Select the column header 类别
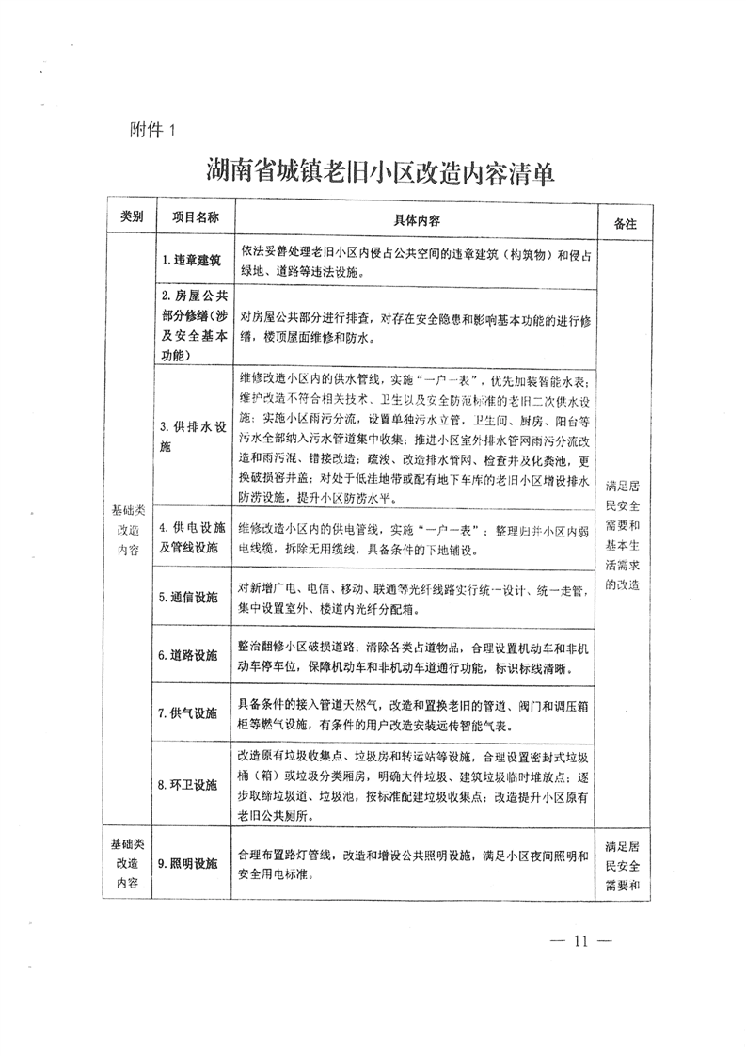click(132, 217)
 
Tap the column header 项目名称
click(195, 217)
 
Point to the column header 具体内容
click(416, 219)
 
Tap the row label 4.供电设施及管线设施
click(194, 537)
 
